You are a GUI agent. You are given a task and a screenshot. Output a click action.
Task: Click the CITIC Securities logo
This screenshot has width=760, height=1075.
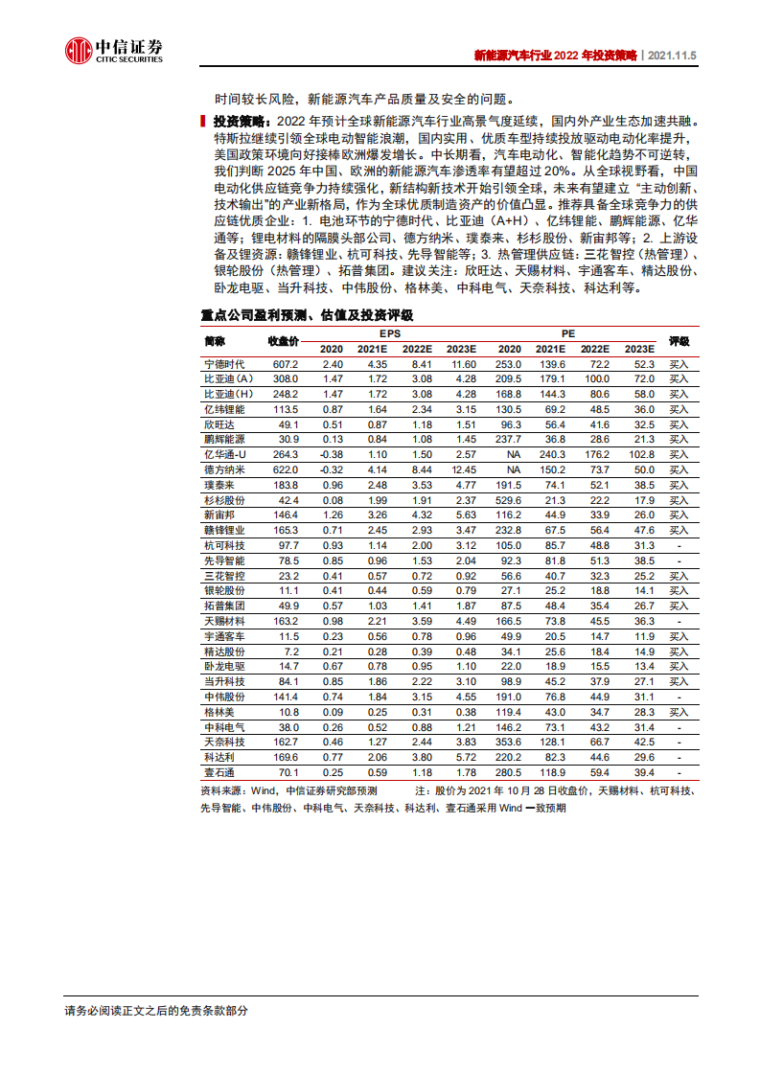[x=113, y=50]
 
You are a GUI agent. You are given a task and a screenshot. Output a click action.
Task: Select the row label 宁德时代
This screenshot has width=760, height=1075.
[x=224, y=365]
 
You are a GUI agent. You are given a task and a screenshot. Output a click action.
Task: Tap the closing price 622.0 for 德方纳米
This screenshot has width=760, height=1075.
[x=286, y=470]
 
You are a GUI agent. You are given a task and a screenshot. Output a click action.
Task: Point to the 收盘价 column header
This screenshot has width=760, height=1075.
[x=284, y=341]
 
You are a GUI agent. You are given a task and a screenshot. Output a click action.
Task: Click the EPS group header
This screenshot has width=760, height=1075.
[x=390, y=332]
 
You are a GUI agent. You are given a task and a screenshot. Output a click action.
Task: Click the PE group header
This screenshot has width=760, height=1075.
[x=568, y=332]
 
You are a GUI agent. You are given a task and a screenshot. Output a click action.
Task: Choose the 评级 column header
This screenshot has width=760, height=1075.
[x=679, y=341]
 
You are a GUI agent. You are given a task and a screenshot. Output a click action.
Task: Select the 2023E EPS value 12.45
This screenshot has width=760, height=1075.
[x=463, y=470]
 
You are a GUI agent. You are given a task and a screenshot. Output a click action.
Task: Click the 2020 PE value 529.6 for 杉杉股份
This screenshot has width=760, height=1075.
[x=508, y=500]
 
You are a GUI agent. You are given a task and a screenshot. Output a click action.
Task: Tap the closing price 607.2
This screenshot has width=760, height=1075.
[x=286, y=365]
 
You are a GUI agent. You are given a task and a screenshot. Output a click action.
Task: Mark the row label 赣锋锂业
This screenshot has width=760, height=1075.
[x=224, y=530]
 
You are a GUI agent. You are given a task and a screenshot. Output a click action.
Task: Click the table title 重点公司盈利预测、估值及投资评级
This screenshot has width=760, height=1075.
[x=307, y=313]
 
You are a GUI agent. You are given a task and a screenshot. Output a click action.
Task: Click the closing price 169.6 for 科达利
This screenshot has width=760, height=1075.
[x=286, y=757]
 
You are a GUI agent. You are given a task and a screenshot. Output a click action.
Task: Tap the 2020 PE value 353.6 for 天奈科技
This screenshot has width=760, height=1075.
[x=508, y=742]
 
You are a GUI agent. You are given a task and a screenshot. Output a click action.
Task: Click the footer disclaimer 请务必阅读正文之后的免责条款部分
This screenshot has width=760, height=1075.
[x=155, y=1011]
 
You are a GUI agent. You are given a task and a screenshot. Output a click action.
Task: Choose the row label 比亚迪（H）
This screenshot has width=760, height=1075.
[x=228, y=395]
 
